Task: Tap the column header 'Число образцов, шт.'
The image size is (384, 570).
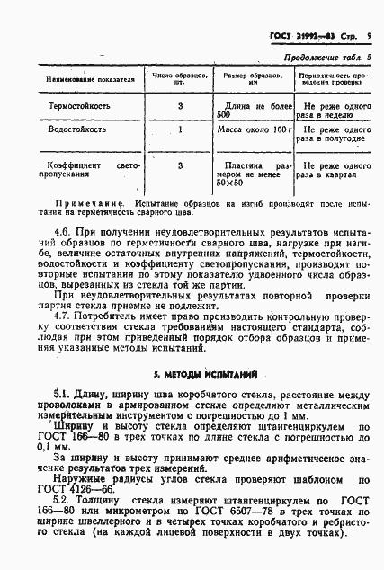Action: (x=181, y=80)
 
